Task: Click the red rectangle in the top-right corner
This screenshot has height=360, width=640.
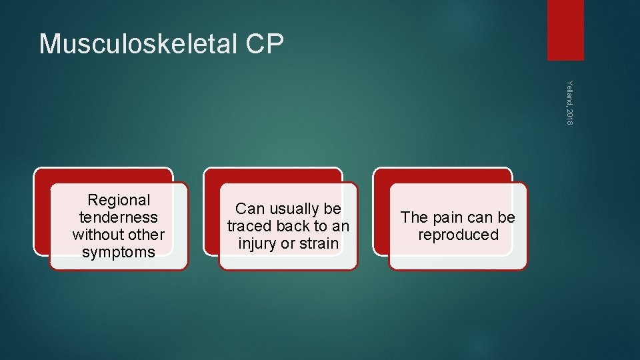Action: [565, 30]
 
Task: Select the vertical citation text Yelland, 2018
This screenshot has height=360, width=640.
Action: [569, 101]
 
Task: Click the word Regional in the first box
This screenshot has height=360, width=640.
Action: [119, 200]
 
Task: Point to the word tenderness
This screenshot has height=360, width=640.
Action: [119, 217]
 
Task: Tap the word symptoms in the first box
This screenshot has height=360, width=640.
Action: [119, 252]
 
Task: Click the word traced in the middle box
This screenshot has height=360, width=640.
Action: [249, 226]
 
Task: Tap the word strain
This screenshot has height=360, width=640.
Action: [318, 243]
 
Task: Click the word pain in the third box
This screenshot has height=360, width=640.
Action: [445, 217]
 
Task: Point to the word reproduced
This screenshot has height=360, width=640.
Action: [458, 235]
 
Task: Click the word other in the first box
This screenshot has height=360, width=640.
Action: [149, 235]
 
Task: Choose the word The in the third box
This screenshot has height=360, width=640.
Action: [414, 217]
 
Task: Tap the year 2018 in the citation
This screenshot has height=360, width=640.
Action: [569, 115]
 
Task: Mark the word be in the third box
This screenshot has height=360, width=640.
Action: [507, 217]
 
